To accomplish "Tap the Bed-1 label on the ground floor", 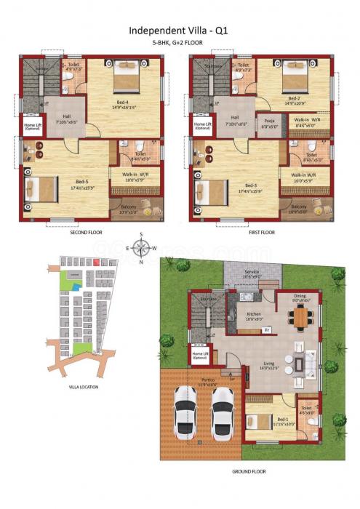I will pos(263,419).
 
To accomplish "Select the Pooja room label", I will pos(269,121).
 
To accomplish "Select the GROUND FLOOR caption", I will pos(248,471).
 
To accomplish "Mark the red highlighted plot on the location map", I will pos(95,262).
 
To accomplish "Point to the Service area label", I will pos(252,273).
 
